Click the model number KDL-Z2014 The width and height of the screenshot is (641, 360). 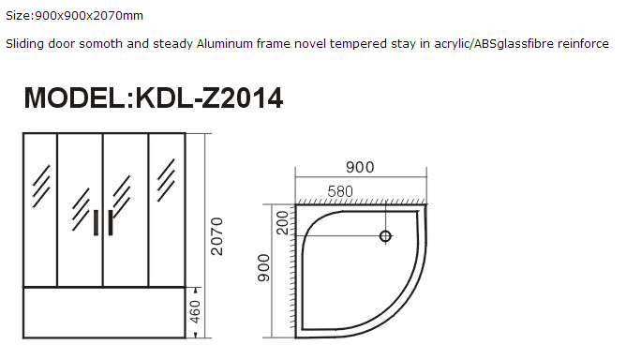coord(209,98)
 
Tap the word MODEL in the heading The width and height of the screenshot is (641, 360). coord(75,98)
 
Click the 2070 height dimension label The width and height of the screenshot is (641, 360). coord(216,236)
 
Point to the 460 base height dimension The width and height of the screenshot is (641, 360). coord(196,312)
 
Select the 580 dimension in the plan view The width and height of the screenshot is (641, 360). coord(340,191)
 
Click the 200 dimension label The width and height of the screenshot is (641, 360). coord(282,222)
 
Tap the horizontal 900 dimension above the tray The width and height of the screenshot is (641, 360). coord(360,167)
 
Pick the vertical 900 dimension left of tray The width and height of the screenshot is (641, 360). coord(264,267)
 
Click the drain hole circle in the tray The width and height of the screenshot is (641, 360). coord(385,236)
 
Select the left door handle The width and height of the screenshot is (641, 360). coord(97,222)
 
